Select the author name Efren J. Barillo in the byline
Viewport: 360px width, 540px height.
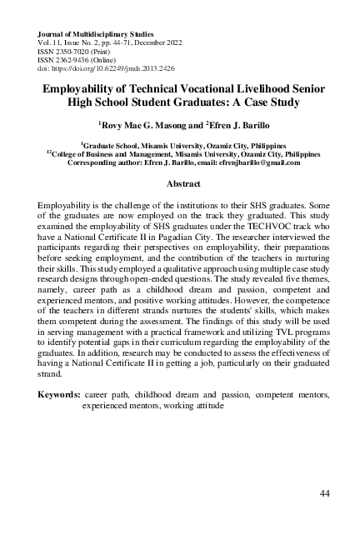tap(234, 124)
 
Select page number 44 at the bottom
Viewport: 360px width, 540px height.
tap(325, 495)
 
